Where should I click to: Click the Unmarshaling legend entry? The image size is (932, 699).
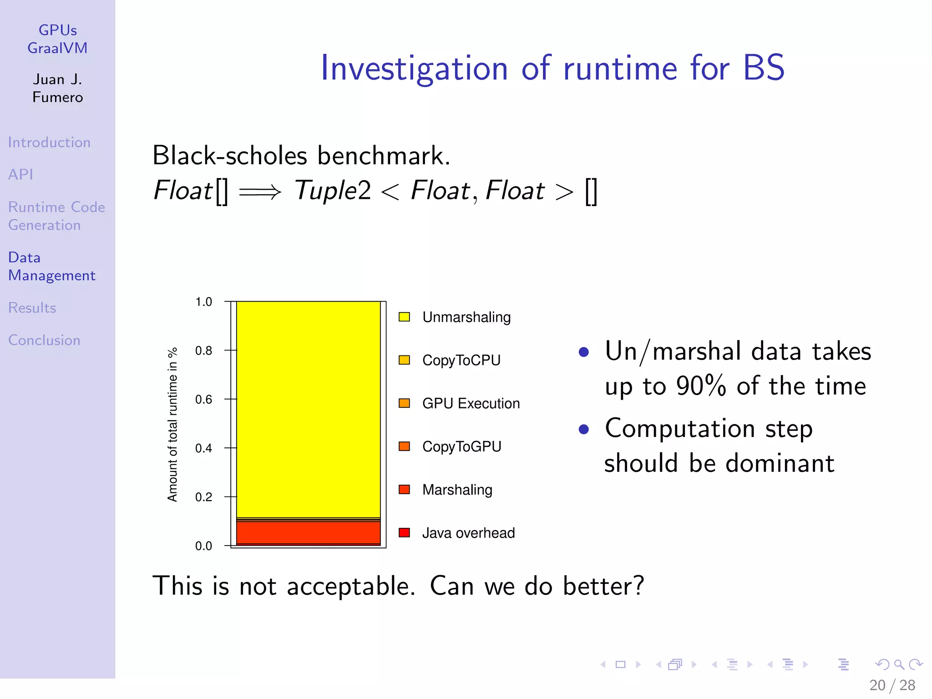click(466, 317)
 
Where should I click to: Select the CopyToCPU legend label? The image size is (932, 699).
click(461, 360)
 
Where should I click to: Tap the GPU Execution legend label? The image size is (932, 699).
click(471, 404)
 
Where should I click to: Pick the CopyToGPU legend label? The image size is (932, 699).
click(461, 447)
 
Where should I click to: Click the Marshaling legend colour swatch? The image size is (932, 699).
click(404, 490)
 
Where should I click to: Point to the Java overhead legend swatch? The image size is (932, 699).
click(404, 533)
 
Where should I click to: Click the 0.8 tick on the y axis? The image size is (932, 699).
click(203, 351)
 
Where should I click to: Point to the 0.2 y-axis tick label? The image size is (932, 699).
click(203, 497)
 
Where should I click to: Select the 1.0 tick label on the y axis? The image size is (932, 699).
click(203, 302)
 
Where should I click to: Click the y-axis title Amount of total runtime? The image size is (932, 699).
click(172, 425)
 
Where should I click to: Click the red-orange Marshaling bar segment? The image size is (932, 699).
click(308, 532)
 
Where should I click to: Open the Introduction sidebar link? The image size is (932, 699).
click(49, 142)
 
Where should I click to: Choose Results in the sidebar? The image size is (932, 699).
click(32, 308)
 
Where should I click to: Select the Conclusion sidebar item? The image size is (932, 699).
click(44, 340)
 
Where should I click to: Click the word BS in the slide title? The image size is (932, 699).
click(763, 68)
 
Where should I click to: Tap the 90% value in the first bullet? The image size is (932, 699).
click(700, 386)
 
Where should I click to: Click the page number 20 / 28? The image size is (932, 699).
click(891, 685)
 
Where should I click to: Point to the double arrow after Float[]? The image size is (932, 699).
click(260, 192)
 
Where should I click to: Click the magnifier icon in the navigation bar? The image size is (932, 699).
click(899, 664)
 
